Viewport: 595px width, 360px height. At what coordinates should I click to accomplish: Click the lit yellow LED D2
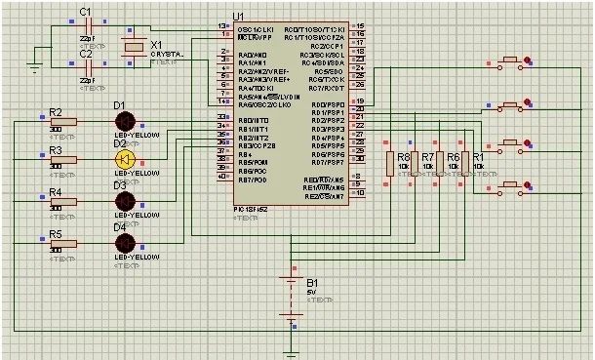click(124, 159)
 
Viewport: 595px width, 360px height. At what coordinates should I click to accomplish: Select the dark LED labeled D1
click(124, 120)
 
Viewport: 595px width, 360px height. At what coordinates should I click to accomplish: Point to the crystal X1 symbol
click(130, 48)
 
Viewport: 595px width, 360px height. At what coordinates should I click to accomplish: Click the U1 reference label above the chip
click(239, 17)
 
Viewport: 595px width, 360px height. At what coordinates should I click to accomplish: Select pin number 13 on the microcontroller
click(221, 25)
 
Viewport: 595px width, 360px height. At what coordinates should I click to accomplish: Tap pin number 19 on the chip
click(360, 101)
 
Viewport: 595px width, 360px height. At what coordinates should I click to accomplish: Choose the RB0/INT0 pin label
click(254, 120)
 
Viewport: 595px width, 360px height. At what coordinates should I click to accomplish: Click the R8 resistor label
click(403, 156)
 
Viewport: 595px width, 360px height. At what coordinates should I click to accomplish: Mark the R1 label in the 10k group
click(478, 156)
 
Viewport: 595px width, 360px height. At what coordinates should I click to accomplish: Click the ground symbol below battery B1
click(291, 352)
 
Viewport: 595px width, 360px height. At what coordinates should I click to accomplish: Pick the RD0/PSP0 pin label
click(328, 104)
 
